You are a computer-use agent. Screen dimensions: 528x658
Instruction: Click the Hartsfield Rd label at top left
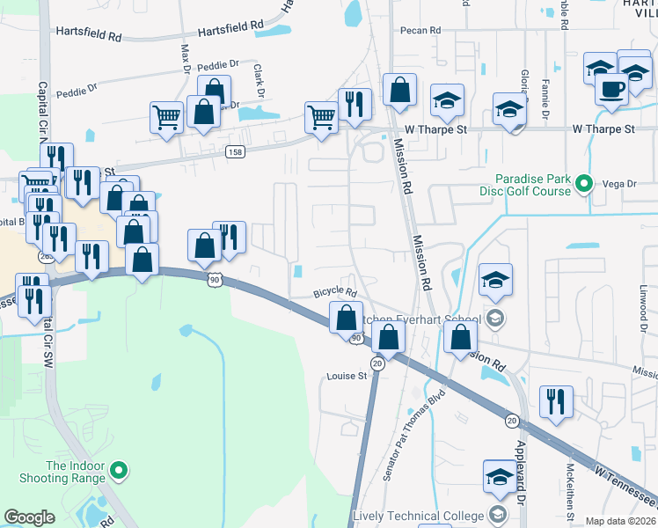point(88,33)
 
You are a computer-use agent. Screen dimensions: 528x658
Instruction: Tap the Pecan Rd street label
point(420,31)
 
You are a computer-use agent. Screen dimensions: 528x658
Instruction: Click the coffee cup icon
point(611,88)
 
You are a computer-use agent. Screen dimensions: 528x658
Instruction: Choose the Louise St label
point(347,376)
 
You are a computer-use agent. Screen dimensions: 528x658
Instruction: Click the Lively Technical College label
point(419,516)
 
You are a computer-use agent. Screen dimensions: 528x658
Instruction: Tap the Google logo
point(29,517)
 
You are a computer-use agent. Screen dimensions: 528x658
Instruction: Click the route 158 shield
point(235,151)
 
